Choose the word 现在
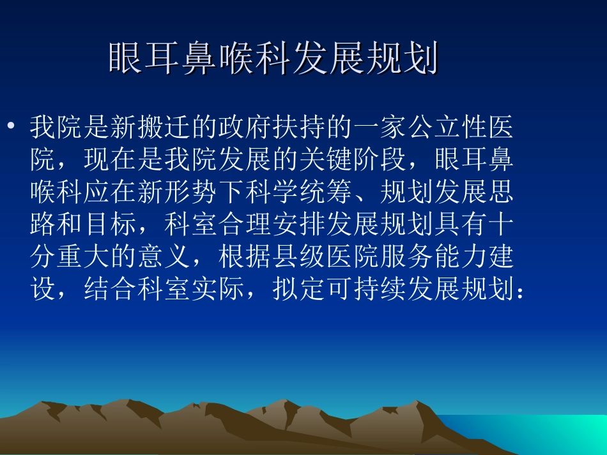point(111,161)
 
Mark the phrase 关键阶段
point(353,161)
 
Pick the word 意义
point(165,257)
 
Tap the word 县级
point(299,257)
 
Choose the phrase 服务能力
point(433,257)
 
